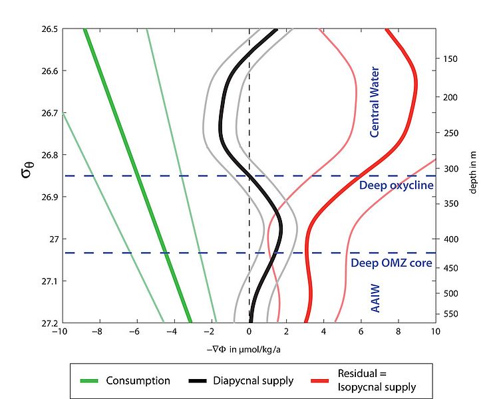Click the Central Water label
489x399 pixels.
(x=375, y=102)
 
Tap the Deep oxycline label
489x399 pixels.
(x=396, y=185)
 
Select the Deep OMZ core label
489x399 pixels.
(x=391, y=263)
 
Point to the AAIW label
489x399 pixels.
(x=375, y=300)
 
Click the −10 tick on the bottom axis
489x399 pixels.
(x=60, y=331)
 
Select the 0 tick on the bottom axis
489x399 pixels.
(x=249, y=331)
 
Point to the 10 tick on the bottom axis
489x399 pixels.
(x=435, y=331)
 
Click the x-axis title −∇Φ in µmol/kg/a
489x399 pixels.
(x=247, y=346)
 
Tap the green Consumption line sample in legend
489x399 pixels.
(x=89, y=381)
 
